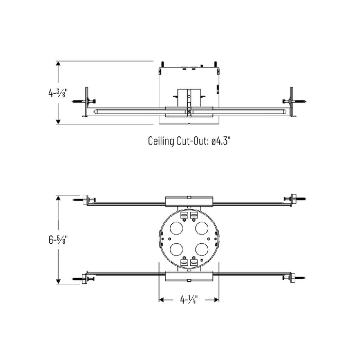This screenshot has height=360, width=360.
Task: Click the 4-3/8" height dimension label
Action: point(57,93)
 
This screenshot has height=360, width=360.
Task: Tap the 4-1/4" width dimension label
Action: point(189,299)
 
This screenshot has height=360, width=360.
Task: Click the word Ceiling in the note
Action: point(161,141)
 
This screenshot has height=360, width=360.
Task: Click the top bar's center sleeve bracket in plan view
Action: point(189,201)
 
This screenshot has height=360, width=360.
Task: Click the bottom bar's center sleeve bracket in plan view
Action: point(189,277)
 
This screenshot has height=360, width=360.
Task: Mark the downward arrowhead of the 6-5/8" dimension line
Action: point(59,281)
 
